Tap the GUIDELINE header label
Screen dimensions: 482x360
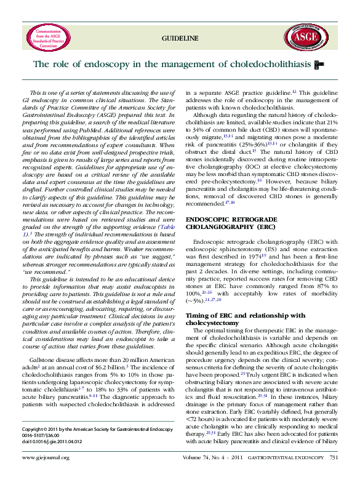tap(180, 39)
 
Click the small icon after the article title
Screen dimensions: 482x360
tap(318, 64)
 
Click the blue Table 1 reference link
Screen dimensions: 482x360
tap(165, 227)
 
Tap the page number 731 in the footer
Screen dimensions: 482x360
tap(334, 475)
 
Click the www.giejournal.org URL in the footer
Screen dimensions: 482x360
tap(46, 475)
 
